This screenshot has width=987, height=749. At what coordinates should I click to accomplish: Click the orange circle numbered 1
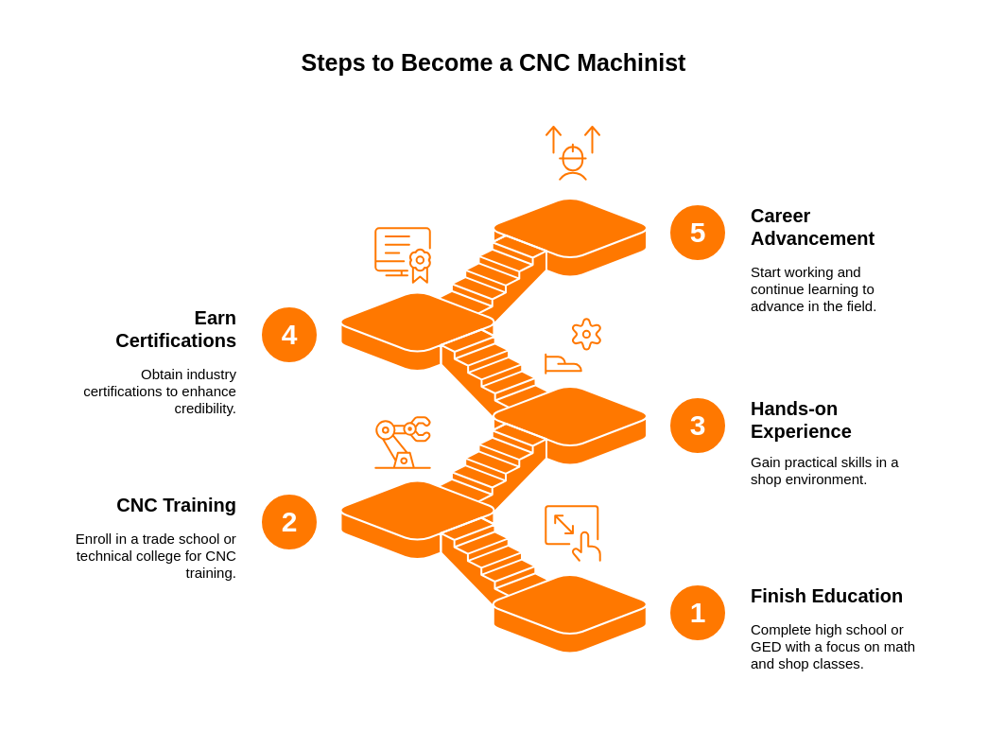(698, 613)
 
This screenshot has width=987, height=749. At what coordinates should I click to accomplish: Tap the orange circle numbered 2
(289, 522)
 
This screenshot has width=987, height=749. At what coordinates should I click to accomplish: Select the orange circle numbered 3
(698, 426)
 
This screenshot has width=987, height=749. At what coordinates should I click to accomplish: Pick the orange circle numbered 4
(289, 334)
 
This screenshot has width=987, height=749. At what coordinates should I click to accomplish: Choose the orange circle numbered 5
(698, 233)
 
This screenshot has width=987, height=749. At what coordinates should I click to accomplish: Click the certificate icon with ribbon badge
(403, 255)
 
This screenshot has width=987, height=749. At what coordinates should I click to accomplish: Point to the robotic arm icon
(403, 443)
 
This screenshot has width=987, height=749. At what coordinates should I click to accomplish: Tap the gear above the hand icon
(587, 334)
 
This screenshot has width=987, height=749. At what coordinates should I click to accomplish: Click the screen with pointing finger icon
(573, 532)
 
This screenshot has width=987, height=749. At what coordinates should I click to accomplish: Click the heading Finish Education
(826, 596)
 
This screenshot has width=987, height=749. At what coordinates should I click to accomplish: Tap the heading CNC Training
(176, 505)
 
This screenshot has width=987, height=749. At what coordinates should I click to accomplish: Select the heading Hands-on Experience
(801, 420)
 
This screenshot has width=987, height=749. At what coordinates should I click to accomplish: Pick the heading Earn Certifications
(176, 329)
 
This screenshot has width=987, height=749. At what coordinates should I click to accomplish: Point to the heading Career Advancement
(812, 227)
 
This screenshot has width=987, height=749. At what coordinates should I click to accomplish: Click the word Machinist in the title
(632, 63)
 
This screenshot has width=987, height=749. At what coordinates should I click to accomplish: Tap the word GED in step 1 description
(765, 647)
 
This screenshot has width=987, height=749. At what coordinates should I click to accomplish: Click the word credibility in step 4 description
(205, 409)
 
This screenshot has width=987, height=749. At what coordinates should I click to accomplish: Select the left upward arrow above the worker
(553, 139)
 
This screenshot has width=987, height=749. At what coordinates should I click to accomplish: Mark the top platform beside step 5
(570, 237)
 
